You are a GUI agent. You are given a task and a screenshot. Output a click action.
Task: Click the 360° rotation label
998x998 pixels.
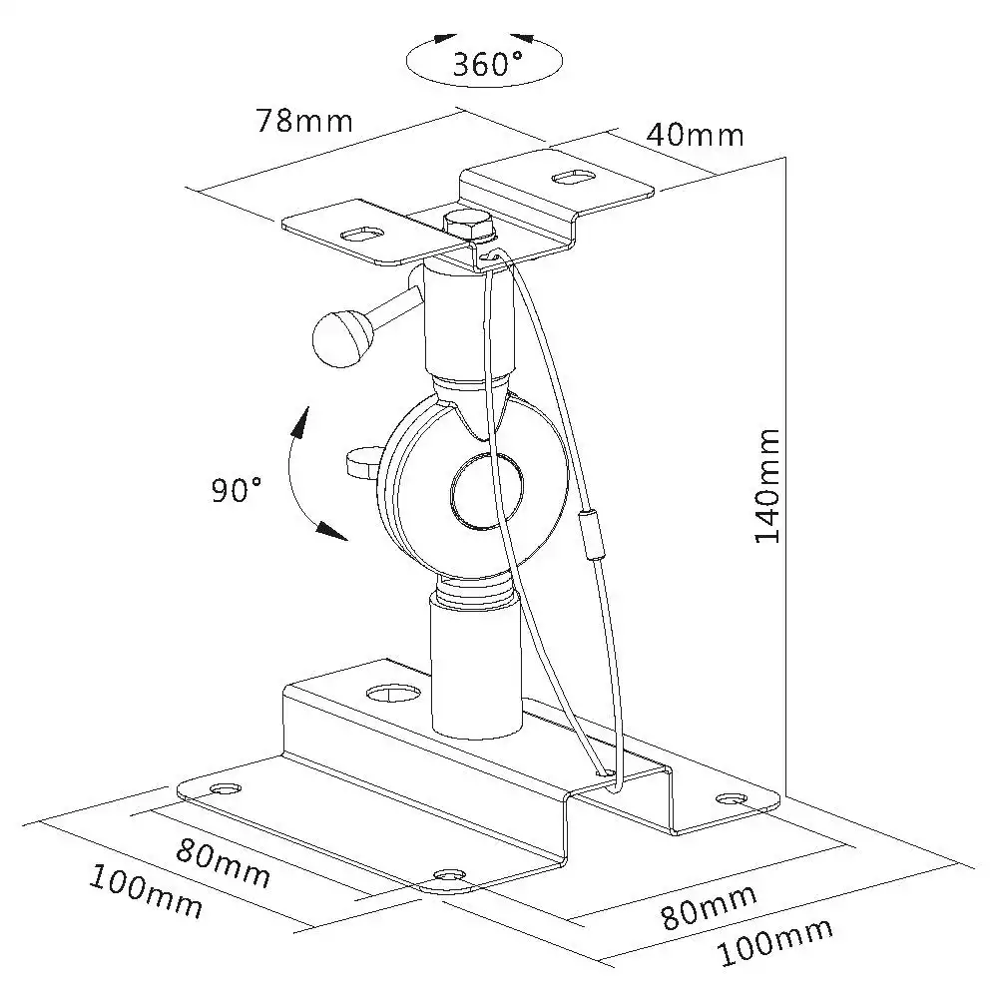(487, 64)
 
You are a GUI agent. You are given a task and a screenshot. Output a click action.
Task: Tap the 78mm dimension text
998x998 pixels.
(304, 120)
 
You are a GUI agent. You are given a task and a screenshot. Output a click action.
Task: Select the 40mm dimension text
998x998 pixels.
(695, 135)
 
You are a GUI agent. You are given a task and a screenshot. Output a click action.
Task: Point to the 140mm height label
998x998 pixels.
(766, 486)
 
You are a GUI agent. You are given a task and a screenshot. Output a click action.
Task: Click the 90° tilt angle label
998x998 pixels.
(237, 489)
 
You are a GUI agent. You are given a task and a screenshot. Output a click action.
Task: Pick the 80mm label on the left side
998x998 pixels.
(223, 863)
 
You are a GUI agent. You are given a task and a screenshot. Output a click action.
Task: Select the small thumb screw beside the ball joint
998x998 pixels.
(363, 462)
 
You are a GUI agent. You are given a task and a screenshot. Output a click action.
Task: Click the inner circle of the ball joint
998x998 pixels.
(488, 491)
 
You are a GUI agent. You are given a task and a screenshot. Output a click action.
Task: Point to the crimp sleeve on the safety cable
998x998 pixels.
(589, 535)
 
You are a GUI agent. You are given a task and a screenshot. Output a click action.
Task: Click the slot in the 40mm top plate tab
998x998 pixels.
(574, 177)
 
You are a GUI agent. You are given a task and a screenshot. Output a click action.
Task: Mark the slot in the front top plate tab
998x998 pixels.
(361, 234)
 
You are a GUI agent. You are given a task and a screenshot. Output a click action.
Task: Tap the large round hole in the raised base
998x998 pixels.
(394, 694)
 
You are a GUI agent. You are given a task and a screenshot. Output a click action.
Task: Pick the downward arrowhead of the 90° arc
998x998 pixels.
(333, 531)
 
